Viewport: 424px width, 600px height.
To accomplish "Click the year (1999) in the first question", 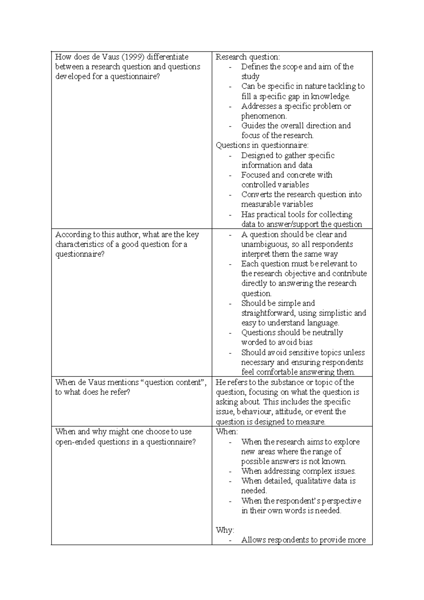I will [132, 57].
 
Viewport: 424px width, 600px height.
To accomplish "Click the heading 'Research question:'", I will [248, 57].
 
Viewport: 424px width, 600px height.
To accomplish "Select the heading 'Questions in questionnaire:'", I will [262, 145].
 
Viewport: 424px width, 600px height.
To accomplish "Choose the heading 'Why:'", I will [225, 530].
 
